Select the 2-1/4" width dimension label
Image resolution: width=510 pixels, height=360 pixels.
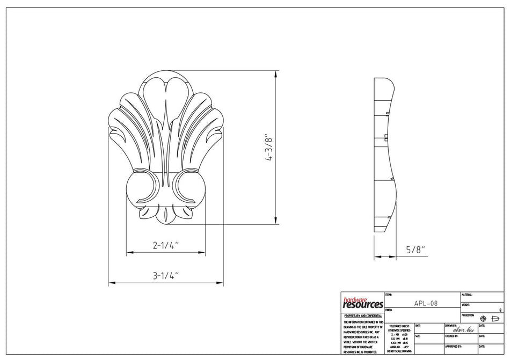click(165, 246)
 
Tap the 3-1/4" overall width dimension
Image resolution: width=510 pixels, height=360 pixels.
click(165, 276)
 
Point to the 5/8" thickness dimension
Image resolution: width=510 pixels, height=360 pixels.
click(415, 249)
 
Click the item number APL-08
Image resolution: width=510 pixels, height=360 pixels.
click(426, 303)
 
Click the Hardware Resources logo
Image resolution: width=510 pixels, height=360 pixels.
click(362, 303)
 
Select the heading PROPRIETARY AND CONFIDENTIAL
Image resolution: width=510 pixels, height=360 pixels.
click(363, 316)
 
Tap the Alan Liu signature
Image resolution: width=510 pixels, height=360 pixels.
click(463, 329)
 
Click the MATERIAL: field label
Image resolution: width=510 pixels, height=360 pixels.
click(467, 295)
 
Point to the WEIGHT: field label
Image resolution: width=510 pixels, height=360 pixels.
click(465, 305)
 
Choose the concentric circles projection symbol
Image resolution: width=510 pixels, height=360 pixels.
click(483, 318)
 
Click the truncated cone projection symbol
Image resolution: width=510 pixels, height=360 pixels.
click(496, 318)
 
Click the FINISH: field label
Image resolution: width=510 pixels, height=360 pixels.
click(389, 310)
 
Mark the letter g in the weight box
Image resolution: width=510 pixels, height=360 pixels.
click(500, 310)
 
